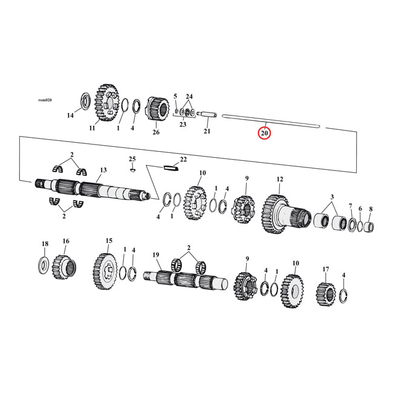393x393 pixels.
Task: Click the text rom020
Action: [45, 100]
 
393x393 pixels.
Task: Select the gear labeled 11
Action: [108, 104]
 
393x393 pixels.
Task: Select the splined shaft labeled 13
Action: [91, 189]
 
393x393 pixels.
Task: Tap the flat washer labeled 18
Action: [44, 263]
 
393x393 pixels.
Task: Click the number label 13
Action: [103, 171]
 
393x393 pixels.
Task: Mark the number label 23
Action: [183, 125]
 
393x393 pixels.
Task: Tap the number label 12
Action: [279, 180]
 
